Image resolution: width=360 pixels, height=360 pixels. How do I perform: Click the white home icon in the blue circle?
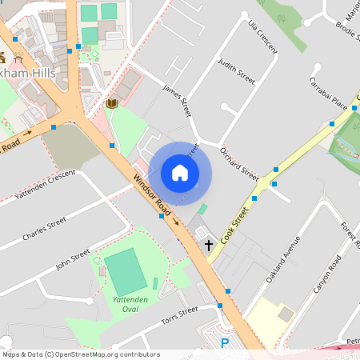pyautogui.click(x=180, y=173)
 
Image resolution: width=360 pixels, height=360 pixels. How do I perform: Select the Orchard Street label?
pyautogui.click(x=239, y=163)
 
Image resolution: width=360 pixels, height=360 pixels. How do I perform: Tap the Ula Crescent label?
pyautogui.click(x=263, y=36)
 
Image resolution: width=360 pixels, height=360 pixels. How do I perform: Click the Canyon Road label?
pyautogui.click(x=328, y=274)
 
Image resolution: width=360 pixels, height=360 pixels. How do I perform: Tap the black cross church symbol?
pyautogui.click(x=209, y=245)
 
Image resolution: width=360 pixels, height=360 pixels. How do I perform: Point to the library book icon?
pyautogui.click(x=110, y=103)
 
